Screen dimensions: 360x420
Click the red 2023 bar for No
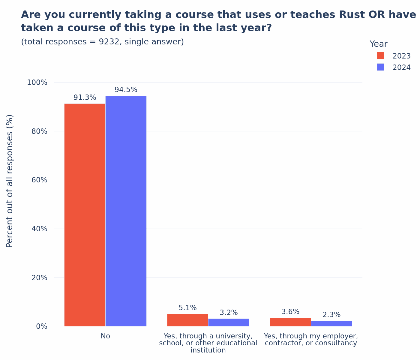[85, 215]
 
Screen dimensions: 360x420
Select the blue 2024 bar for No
[126, 211]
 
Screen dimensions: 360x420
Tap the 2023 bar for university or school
[187, 320]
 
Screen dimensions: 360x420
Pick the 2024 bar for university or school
[229, 322]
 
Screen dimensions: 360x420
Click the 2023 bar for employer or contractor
[290, 322]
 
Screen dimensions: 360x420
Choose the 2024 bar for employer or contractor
[331, 324]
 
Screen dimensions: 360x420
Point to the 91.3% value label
[85, 98]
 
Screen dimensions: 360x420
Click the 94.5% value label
[126, 90]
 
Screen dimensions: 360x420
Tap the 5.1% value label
[187, 308]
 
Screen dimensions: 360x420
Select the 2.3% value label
[331, 315]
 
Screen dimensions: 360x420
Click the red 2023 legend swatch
[380, 56]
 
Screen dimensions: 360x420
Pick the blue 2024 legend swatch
[380, 67]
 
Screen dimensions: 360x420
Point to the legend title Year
[378, 44]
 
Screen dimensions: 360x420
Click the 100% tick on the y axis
[37, 82]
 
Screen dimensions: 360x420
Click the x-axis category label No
[105, 336]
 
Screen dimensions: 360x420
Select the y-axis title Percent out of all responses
[10, 181]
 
